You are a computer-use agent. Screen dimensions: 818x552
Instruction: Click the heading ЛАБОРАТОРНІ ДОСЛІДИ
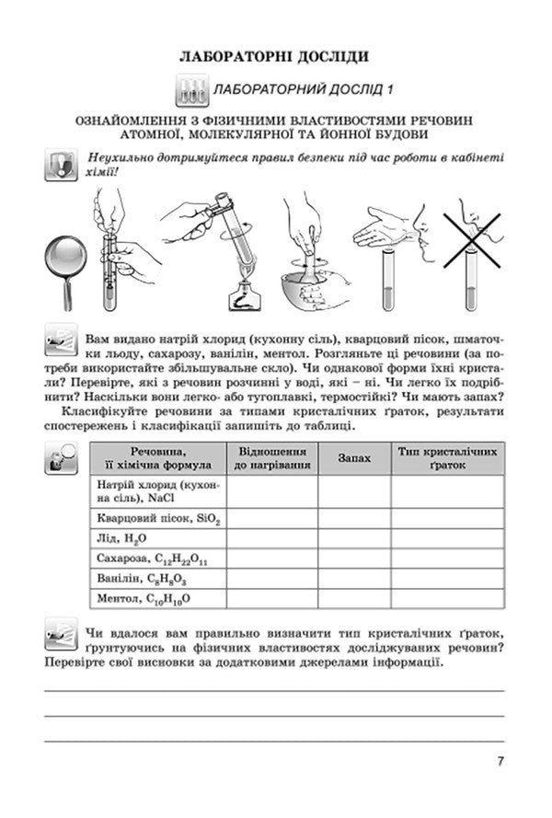275,56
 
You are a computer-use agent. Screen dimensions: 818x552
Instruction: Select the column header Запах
354,457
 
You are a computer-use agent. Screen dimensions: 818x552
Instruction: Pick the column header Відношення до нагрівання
271,457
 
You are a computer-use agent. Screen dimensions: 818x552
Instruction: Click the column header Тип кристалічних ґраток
448,457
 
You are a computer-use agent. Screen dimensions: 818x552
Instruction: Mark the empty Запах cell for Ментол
354,598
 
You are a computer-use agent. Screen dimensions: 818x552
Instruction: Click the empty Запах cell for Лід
354,538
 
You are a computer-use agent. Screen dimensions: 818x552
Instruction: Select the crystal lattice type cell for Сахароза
448,559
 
